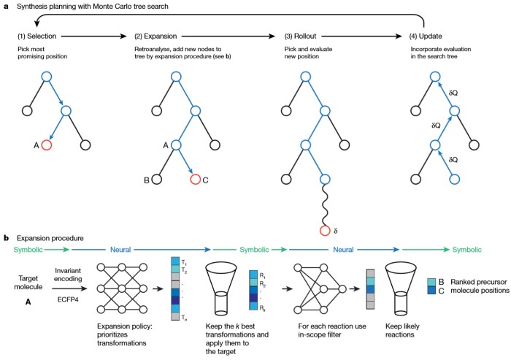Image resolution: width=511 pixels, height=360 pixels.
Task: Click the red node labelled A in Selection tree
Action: (47, 145)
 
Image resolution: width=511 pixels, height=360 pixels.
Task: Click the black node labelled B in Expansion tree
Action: (156, 178)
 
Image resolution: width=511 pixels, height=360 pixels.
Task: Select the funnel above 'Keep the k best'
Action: (225, 292)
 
